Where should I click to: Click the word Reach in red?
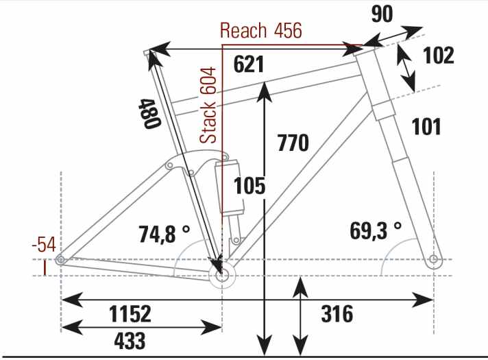pos(243,31)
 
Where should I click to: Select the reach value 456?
pos(288,31)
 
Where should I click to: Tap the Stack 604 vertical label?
pos(208,105)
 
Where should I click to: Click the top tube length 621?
pos(249,64)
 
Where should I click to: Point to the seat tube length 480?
pos(149,113)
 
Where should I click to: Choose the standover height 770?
pos(293,143)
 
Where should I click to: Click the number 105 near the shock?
pos(249,186)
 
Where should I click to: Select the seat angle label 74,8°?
pos(164,234)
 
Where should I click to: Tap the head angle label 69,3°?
pos(376,231)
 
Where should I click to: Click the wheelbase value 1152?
pos(130,313)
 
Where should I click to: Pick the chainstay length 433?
pos(130,341)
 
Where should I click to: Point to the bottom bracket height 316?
pos(337,313)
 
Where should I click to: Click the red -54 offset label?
pos(44,245)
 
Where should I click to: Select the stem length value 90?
pos(382,14)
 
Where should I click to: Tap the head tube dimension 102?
pos(439,56)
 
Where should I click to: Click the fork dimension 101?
pos(426,126)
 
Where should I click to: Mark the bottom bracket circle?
pos(222,275)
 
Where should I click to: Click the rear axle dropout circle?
pos(60,259)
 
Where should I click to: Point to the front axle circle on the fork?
pos(433,259)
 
